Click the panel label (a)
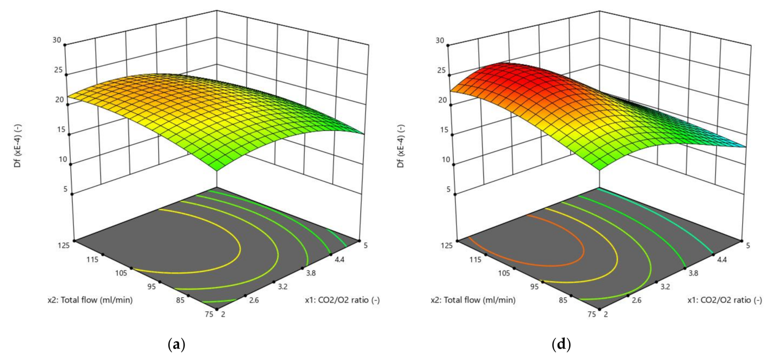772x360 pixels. (x=176, y=344)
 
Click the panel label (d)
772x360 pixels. (x=561, y=344)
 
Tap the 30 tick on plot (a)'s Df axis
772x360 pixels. (x=57, y=40)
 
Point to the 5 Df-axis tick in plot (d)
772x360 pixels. (x=448, y=189)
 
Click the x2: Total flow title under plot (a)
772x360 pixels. (x=90, y=300)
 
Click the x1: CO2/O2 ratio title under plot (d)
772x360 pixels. (x=724, y=300)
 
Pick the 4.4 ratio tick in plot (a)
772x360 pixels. (x=339, y=259)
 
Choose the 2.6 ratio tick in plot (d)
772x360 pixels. (x=636, y=300)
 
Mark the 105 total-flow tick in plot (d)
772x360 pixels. (x=504, y=273)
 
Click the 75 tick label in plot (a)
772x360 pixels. (x=209, y=314)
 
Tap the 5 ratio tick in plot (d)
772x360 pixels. (x=748, y=245)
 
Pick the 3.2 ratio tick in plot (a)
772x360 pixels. (x=282, y=287)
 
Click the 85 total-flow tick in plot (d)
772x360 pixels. (x=563, y=300)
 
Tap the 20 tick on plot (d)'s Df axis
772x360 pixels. (x=442, y=100)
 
